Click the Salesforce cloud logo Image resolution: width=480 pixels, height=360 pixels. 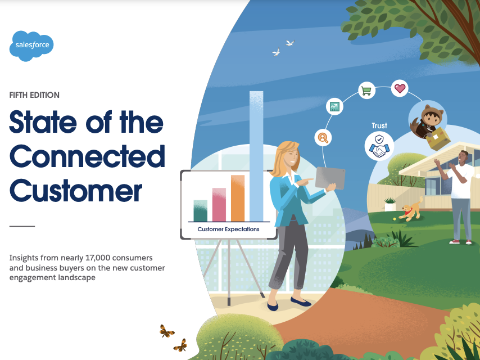click(31, 46)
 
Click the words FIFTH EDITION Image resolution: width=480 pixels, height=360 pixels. click(34, 95)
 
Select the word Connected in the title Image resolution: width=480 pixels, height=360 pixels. click(87, 156)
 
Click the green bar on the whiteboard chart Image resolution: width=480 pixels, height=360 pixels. click(201, 210)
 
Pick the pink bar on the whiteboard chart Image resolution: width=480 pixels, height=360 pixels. click(219, 204)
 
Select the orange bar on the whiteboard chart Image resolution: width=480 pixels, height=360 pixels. click(238, 198)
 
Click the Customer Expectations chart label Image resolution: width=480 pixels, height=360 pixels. click(228, 229)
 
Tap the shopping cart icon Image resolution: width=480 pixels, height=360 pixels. click(366, 91)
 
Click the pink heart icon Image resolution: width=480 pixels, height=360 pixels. click(400, 88)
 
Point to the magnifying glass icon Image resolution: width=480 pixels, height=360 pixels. click(323, 138)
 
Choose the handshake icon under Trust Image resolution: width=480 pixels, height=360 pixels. click(379, 146)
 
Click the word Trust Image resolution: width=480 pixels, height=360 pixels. click(379, 125)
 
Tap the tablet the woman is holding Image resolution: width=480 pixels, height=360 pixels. click(330, 177)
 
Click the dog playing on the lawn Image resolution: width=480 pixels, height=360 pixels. click(411, 210)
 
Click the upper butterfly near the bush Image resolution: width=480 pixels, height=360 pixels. click(166, 331)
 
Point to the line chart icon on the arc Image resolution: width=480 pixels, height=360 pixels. click(334, 106)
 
